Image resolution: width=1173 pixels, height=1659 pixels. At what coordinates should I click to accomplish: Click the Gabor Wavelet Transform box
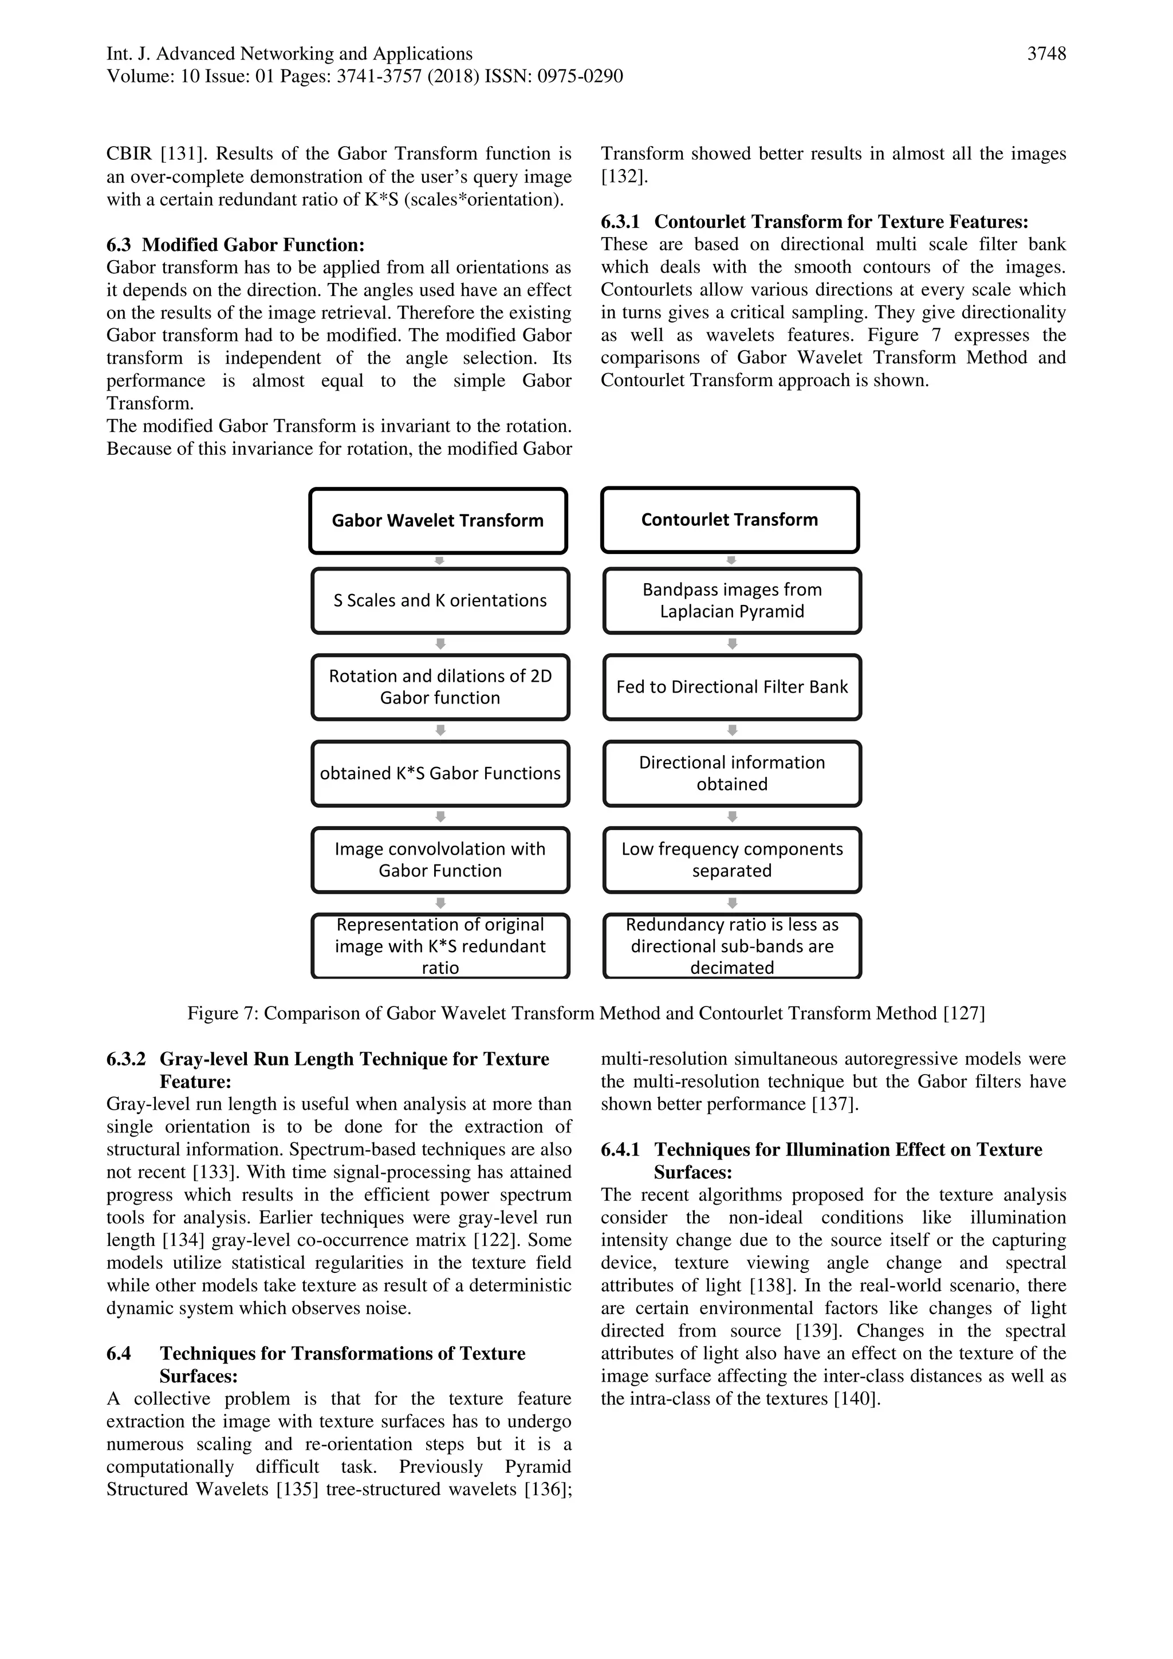tap(438, 521)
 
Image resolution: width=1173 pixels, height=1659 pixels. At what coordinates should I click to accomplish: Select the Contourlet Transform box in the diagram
tap(730, 520)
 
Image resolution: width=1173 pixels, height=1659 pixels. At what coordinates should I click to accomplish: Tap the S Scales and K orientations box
tap(440, 600)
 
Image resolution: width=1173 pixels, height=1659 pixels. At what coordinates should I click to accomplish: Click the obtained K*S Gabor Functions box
tap(440, 773)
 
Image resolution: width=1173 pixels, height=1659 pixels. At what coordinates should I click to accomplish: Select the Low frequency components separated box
tap(731, 860)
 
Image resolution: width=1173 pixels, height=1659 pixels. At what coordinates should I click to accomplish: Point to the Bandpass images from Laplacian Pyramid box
tap(731, 600)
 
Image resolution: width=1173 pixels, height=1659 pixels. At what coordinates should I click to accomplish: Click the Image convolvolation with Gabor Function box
tap(440, 860)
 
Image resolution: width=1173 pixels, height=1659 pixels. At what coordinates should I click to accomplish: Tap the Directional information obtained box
tap(731, 773)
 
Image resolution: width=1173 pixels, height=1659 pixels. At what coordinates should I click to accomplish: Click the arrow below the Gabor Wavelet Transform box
tap(438, 561)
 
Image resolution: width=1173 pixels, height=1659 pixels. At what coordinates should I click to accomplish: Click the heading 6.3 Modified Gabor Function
tap(235, 245)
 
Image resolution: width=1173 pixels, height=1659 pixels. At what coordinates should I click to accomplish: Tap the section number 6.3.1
tap(620, 222)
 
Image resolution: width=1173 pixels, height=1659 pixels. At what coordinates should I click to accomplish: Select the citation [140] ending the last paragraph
tap(857, 1399)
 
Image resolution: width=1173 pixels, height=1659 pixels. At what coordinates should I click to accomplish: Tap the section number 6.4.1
tap(620, 1150)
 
